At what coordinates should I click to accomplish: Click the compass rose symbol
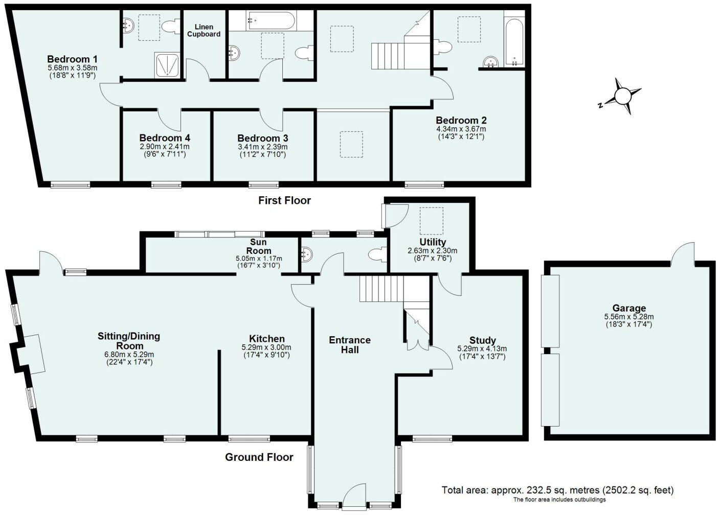[623, 96]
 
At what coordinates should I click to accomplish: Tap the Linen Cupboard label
[204, 31]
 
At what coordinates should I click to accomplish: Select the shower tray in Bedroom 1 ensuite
[167, 65]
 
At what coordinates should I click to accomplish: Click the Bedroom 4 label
[165, 138]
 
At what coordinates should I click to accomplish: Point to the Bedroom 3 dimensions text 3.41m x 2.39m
[262, 147]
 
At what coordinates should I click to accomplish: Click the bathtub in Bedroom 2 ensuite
[514, 36]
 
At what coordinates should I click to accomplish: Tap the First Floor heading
[284, 201]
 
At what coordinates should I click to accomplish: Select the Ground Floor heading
[259, 457]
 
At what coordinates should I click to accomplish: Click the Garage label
[629, 308]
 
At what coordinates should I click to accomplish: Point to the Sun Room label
[259, 246]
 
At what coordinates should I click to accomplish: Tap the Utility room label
[433, 242]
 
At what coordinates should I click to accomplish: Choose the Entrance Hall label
[350, 345]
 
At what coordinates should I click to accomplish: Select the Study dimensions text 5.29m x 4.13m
[482, 349]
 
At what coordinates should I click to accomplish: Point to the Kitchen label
[266, 339]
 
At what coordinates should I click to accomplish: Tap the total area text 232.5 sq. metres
[557, 490]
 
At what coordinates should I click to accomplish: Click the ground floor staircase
[378, 289]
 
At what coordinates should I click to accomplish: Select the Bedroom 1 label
[72, 58]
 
